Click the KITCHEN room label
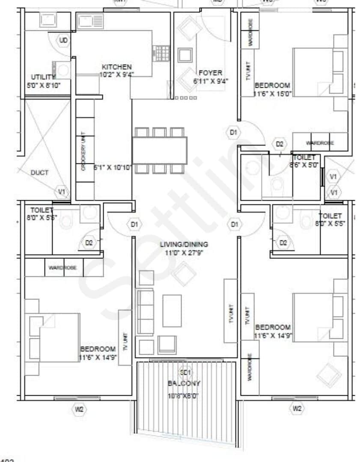point(116,67)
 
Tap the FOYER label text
point(210,73)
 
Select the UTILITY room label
point(43,77)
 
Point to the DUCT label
point(39,173)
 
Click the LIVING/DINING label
point(184,244)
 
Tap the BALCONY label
point(184,383)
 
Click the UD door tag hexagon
point(63,41)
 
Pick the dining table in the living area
point(159,150)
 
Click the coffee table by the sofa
point(172,311)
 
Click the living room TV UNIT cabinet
point(230,311)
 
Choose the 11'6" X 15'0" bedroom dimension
point(273,93)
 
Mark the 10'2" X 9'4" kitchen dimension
point(116,74)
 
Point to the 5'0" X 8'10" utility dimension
point(43,85)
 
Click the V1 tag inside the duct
point(62,192)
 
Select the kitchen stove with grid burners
point(161,53)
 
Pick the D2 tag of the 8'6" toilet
point(280,144)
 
